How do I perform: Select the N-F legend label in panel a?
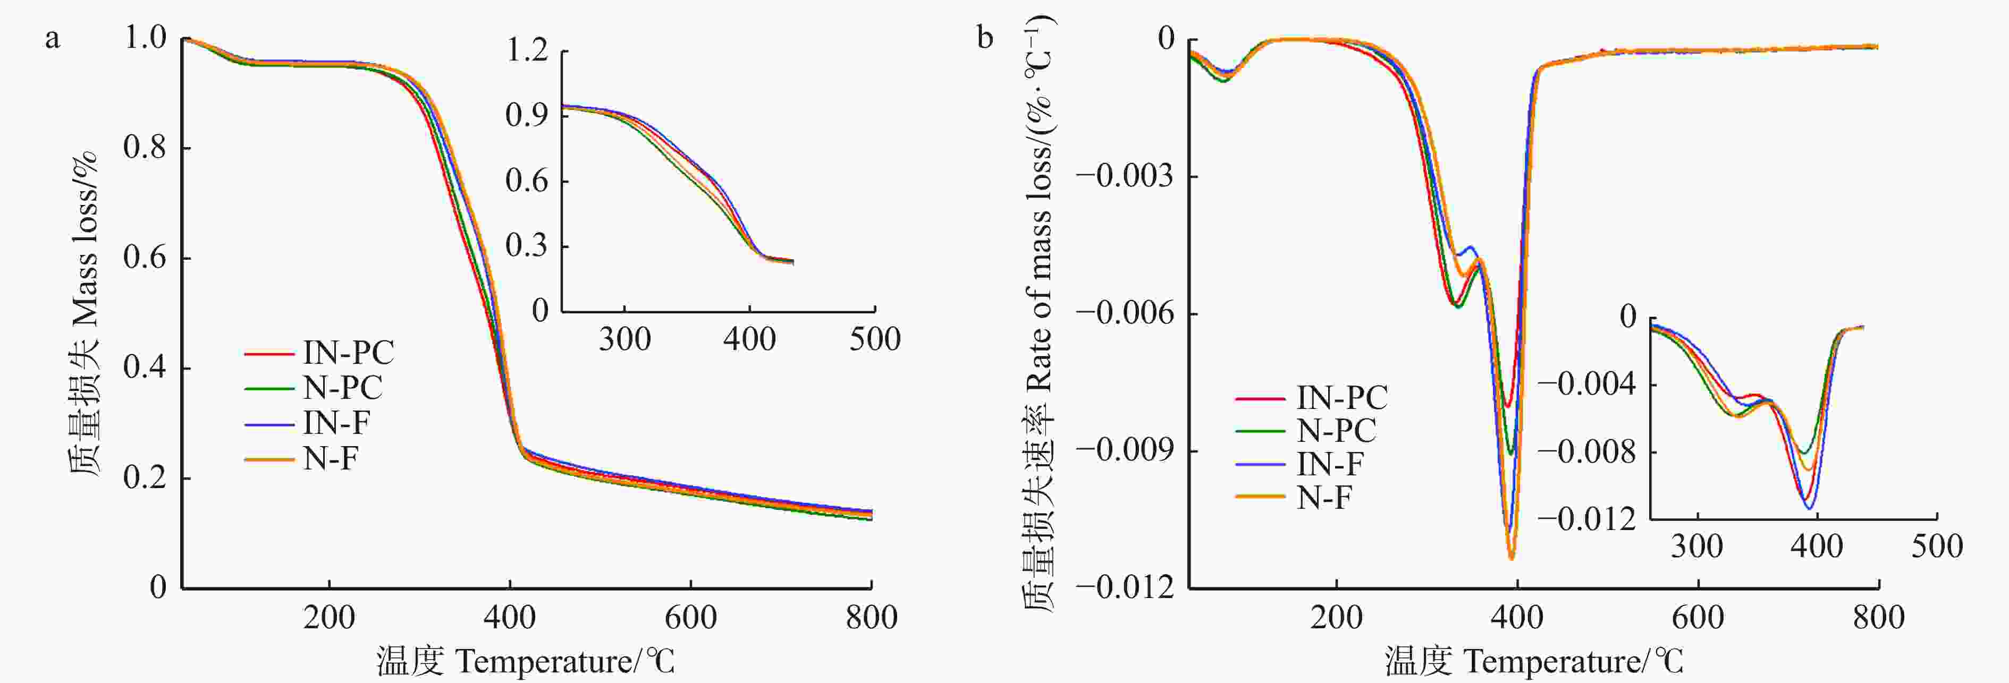coord(330,458)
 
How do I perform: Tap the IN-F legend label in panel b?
coord(1330,464)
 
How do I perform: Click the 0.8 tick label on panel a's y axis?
coord(145,147)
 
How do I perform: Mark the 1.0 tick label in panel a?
coord(145,37)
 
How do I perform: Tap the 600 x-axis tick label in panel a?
coord(690,618)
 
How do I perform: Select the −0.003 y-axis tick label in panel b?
coord(1125,176)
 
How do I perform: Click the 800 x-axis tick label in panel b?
coord(1878,618)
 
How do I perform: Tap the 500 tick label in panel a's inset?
coord(874,339)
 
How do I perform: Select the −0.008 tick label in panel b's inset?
coord(1586,451)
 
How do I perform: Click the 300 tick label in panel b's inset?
coord(1697,546)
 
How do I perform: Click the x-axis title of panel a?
coord(526,661)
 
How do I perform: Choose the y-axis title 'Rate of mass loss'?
coord(1038,312)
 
